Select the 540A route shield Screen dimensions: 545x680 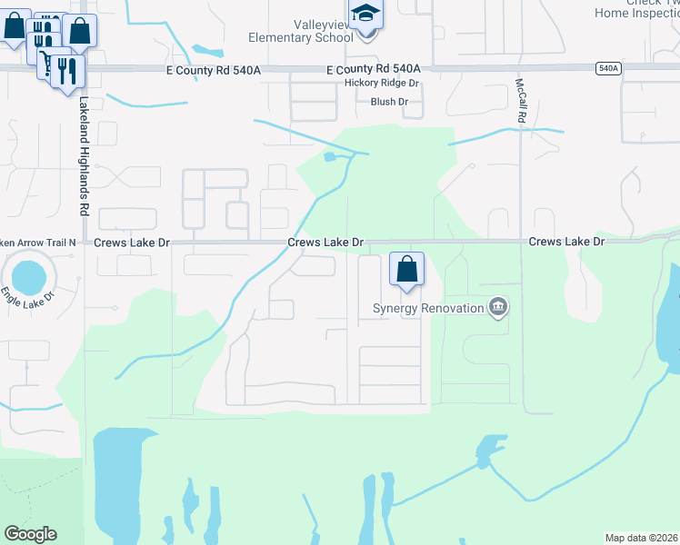(x=609, y=68)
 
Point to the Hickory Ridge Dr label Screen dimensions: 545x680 (x=381, y=83)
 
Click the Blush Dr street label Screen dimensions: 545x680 (x=389, y=102)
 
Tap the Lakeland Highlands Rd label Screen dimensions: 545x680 (x=83, y=155)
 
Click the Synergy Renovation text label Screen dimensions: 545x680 (x=428, y=308)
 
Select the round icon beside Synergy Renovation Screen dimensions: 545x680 (x=497, y=308)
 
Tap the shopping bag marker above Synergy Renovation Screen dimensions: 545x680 (x=407, y=269)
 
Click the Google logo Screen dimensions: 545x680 (x=30, y=534)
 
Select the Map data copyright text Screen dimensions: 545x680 (x=642, y=538)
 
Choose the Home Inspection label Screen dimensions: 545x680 (x=635, y=13)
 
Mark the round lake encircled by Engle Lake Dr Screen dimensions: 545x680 (x=27, y=272)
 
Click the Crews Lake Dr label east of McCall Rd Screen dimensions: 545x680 (x=566, y=243)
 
